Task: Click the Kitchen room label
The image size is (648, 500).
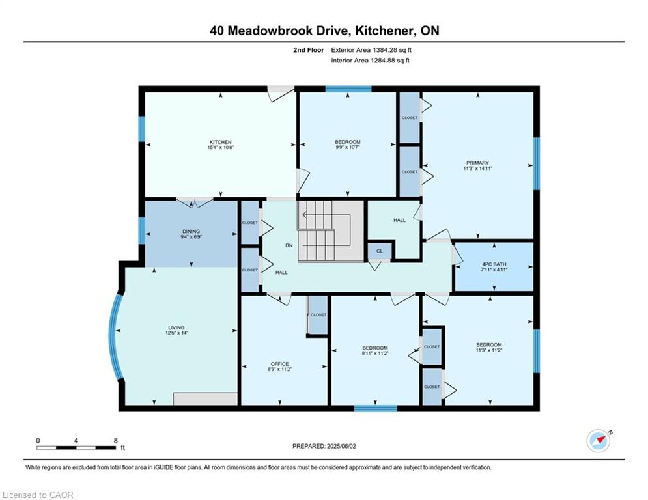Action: [221, 142]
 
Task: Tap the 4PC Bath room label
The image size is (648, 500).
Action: [494, 264]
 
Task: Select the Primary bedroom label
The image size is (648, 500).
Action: [477, 163]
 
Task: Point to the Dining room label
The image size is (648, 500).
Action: [191, 231]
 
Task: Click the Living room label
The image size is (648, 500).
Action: [176, 327]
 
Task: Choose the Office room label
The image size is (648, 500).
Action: [280, 364]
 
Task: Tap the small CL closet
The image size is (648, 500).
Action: [380, 251]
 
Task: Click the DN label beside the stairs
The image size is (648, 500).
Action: [289, 245]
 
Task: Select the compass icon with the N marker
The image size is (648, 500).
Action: [599, 441]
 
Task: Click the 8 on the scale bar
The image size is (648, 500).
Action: [116, 441]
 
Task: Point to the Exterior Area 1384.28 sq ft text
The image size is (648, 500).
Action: [371, 50]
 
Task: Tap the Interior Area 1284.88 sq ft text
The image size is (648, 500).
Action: [371, 61]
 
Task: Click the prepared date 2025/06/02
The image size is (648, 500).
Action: [341, 446]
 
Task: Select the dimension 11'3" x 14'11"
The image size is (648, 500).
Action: [478, 168]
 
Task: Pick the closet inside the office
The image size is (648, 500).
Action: [318, 315]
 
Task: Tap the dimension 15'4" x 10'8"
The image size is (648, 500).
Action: [221, 147]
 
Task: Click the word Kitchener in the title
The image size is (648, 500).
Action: [385, 31]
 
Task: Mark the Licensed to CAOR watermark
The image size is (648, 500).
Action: [38, 495]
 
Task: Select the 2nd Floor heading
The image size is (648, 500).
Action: [309, 50]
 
